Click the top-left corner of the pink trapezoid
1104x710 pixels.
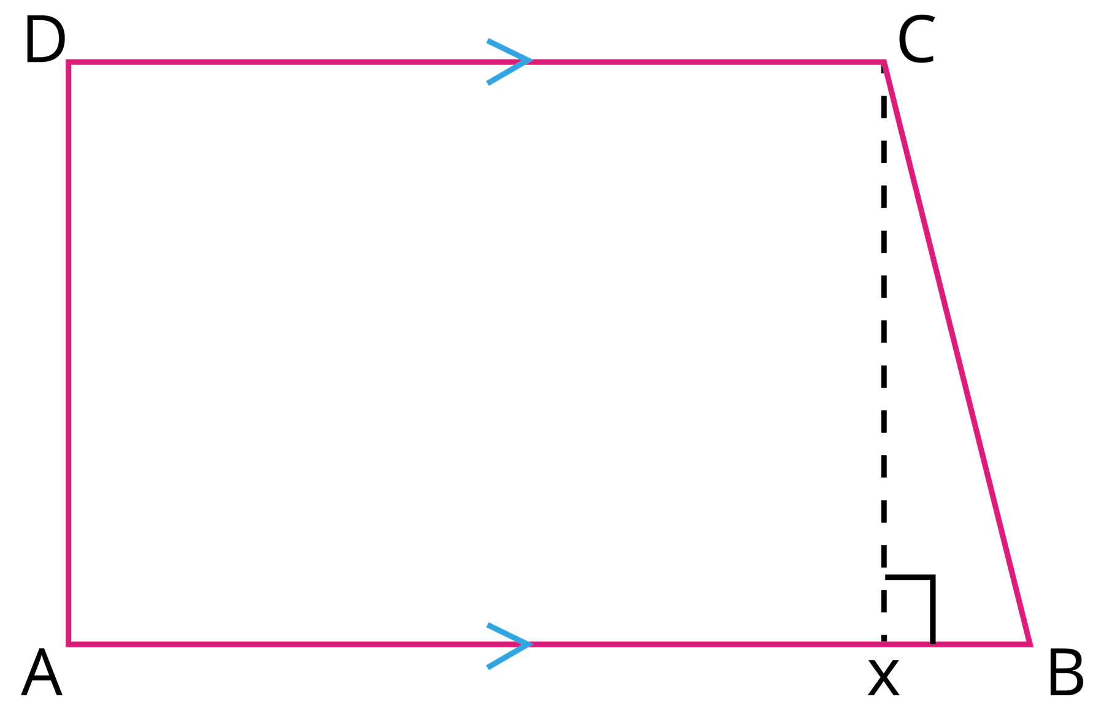pyautogui.click(x=68, y=62)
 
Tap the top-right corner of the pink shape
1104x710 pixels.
pyautogui.click(x=884, y=62)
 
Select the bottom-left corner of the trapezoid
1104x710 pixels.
pyautogui.click(x=68, y=644)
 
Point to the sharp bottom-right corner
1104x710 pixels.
pyautogui.click(x=1030, y=643)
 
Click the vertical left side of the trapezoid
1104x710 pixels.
pyautogui.click(x=68, y=353)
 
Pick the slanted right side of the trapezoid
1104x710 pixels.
pyautogui.click(x=957, y=353)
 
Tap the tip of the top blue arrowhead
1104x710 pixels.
pyautogui.click(x=531, y=60)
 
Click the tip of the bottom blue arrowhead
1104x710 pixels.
pyautogui.click(x=531, y=644)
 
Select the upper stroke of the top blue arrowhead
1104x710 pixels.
pyautogui.click(x=509, y=50)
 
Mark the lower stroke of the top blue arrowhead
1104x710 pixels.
pyautogui.click(x=509, y=72)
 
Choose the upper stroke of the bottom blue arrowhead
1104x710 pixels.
pyautogui.click(x=509, y=634)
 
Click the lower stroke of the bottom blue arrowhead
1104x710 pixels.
pyautogui.click(x=509, y=656)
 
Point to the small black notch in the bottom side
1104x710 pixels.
pyautogui.click(x=932, y=643)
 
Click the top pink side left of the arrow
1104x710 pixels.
pyautogui.click(x=276, y=62)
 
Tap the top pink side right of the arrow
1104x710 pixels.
pyautogui.click(x=705, y=62)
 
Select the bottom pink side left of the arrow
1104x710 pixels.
pyautogui.click(x=276, y=644)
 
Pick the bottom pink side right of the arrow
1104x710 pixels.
pyautogui.click(x=705, y=644)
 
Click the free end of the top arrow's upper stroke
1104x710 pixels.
pyautogui.click(x=488, y=41)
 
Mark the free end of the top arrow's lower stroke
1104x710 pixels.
pyautogui.click(x=488, y=83)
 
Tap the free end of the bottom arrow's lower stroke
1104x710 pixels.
pyautogui.click(x=488, y=667)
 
